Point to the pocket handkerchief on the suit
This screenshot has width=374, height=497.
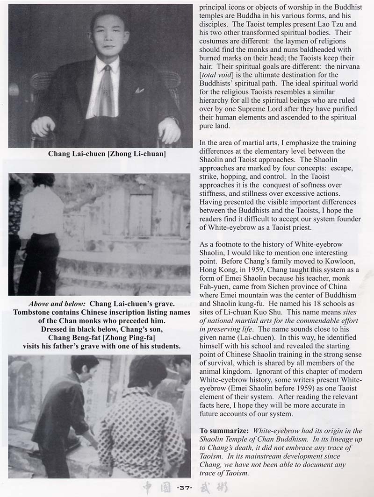[x=139, y=90]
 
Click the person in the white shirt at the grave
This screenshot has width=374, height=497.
[x=41, y=234]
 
